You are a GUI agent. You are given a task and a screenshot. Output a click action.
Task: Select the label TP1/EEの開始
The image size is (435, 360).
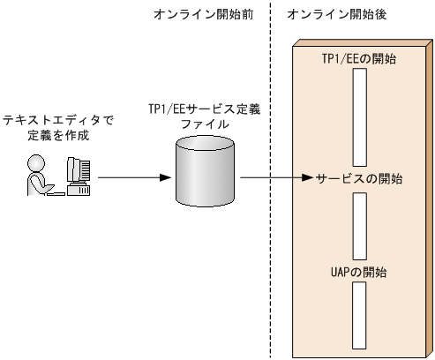(x=358, y=57)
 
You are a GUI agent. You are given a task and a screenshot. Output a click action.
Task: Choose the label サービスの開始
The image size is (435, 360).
(x=358, y=178)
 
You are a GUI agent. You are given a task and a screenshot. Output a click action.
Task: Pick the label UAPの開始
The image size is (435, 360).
(x=358, y=267)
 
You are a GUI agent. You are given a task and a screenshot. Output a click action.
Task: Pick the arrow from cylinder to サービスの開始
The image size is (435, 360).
(x=274, y=178)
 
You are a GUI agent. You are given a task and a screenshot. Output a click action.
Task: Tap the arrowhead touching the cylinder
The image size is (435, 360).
(x=165, y=178)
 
